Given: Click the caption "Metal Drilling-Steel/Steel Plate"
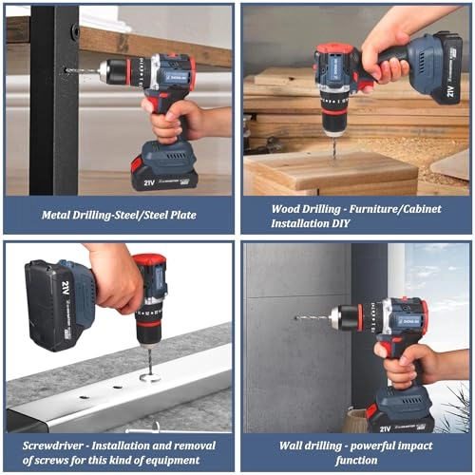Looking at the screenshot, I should click(x=119, y=215).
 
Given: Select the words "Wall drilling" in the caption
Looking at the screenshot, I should click(x=310, y=444).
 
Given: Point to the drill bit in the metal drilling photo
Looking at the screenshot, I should click(x=82, y=69).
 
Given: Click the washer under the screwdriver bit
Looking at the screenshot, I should click(x=149, y=377).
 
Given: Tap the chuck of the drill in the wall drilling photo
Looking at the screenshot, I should click(x=347, y=318).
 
